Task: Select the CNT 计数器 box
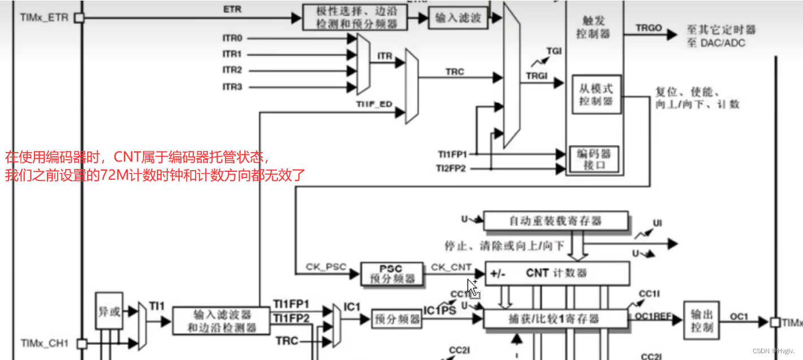[x=556, y=273]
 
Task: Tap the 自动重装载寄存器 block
[x=555, y=220]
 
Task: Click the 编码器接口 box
[x=593, y=159]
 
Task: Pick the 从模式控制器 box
[x=596, y=94]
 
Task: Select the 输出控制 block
[x=701, y=320]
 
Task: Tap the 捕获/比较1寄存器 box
[x=556, y=319]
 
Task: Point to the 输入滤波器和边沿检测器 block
[x=214, y=320]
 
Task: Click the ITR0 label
[x=232, y=38]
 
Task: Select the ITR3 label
[x=232, y=87]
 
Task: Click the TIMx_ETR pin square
[x=79, y=18]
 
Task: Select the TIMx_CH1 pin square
[x=82, y=343]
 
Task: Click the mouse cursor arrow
[x=472, y=286]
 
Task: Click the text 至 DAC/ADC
[x=716, y=43]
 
